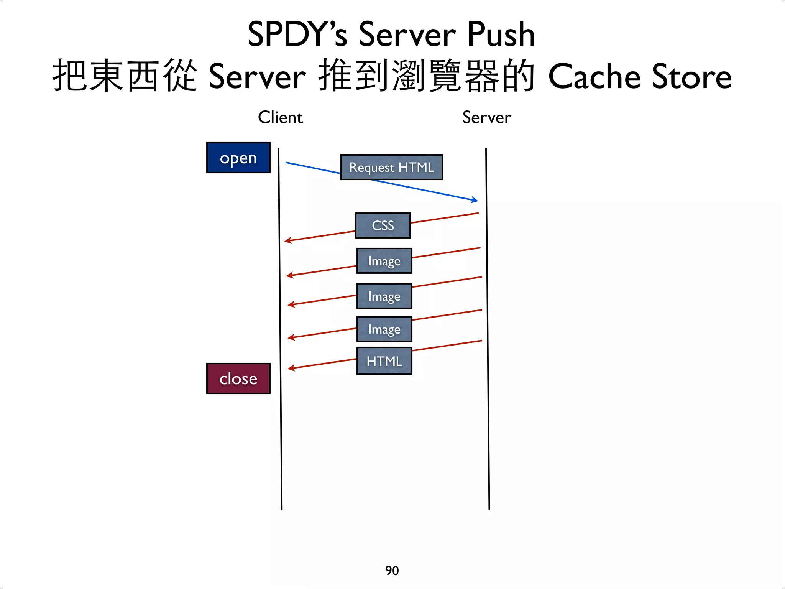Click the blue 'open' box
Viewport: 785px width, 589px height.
[238, 158]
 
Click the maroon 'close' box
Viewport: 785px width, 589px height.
[238, 378]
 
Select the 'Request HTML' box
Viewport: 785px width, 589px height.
[391, 167]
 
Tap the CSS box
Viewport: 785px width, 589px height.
[383, 225]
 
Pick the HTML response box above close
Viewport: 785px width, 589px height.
[384, 361]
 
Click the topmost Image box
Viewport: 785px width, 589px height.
[384, 261]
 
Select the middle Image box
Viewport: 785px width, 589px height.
[384, 296]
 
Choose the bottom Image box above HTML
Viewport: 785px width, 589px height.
[384, 329]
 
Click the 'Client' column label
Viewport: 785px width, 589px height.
[280, 117]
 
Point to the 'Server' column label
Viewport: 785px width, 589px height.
[486, 117]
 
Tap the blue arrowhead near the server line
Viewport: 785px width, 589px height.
[475, 200]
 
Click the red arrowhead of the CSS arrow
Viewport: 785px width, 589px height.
[287, 240]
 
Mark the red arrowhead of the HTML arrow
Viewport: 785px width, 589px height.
[291, 368]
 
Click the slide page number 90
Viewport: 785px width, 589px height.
[392, 571]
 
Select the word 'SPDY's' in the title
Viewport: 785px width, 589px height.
[297, 35]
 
